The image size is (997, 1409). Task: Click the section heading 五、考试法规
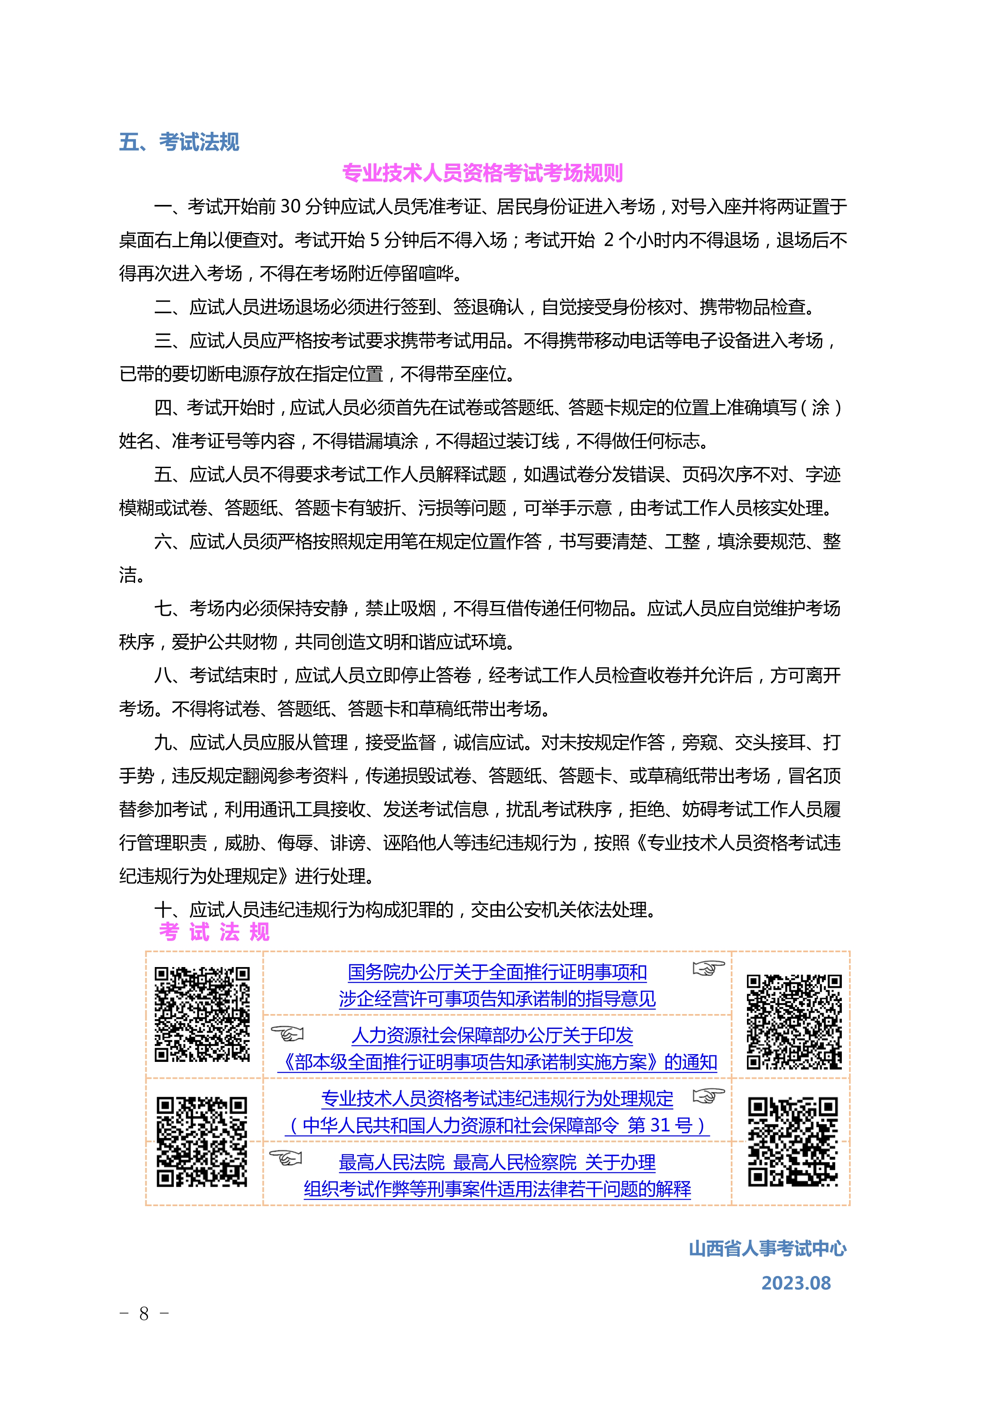(x=178, y=142)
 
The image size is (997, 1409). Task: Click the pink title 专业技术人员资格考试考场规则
(x=482, y=173)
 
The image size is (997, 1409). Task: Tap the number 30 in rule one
(x=290, y=207)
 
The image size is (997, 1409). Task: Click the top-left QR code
(x=202, y=1014)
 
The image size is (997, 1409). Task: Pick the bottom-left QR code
(x=201, y=1141)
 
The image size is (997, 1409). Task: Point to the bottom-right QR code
(x=792, y=1141)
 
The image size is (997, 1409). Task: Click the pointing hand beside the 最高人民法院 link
(x=286, y=1157)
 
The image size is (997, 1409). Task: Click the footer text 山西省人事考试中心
(x=767, y=1248)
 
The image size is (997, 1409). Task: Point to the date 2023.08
(x=796, y=1282)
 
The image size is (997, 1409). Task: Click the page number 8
(x=144, y=1313)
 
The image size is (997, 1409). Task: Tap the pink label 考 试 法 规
(x=214, y=932)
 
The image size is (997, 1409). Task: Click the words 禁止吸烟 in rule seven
(x=400, y=608)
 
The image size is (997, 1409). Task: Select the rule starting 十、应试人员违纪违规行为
(x=405, y=910)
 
